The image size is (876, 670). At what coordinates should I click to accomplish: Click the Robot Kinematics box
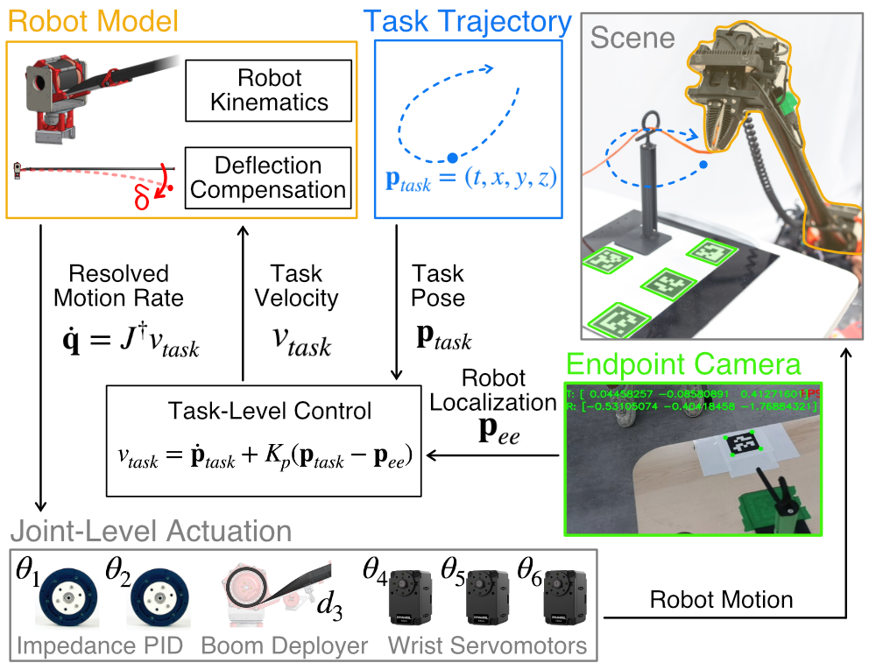[269, 90]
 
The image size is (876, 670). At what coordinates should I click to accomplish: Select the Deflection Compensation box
[269, 178]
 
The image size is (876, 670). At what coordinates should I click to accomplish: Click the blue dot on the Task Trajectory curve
[452, 158]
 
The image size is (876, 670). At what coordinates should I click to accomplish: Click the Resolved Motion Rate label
[118, 286]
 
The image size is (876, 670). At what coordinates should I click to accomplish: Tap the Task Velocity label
[296, 286]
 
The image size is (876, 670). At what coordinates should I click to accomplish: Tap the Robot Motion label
[721, 600]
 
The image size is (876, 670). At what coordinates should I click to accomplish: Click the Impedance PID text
[98, 645]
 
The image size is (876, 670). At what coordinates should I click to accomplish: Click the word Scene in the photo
[632, 38]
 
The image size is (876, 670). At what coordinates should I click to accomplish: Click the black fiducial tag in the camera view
[742, 444]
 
